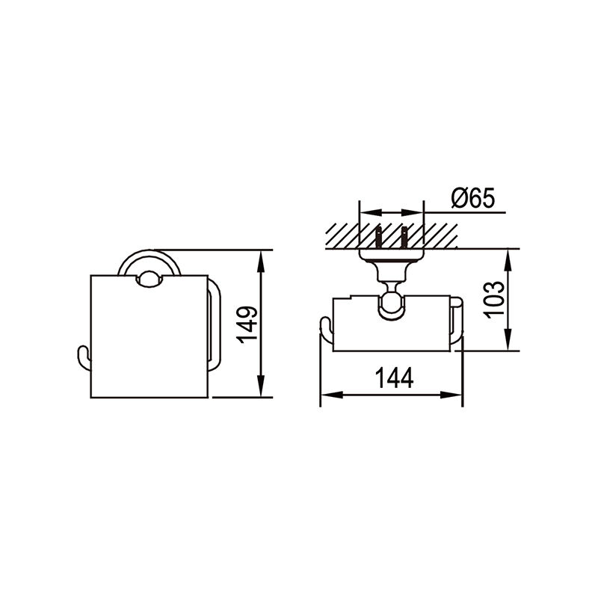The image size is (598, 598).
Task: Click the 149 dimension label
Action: pos(247,324)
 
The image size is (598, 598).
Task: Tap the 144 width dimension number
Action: pos(395,378)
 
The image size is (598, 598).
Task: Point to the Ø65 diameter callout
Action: pos(472,198)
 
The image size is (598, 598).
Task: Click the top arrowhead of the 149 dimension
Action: pos(261,261)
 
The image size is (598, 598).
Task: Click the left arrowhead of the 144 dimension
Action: pos(332,395)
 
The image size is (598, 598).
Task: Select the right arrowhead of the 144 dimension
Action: pos(451,395)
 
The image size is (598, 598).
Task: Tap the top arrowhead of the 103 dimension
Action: pos(508,260)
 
